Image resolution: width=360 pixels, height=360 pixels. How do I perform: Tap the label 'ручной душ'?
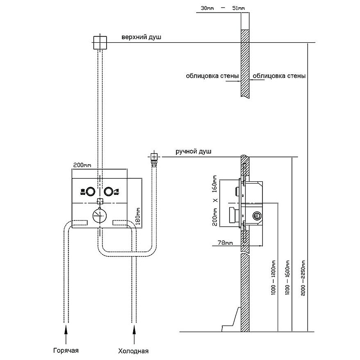coord(194,152)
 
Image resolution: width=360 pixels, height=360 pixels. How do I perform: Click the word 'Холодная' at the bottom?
coord(133,351)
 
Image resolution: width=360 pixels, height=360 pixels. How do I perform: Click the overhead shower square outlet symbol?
coord(99,43)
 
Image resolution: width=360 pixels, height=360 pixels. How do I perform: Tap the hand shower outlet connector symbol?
coord(154,157)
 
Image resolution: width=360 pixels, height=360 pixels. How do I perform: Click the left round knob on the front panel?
coord(90,191)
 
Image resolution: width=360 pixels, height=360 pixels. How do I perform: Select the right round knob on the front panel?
coord(108,191)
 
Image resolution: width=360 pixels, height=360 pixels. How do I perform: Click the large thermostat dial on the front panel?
coord(99,216)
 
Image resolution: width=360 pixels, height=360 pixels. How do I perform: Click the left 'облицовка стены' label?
coord(211,76)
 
